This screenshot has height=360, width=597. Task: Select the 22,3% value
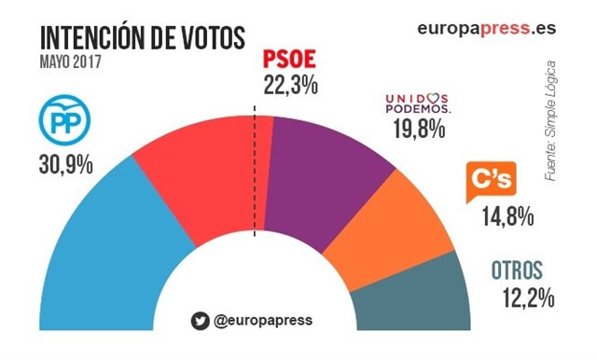(x=286, y=85)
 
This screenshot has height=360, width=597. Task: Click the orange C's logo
(x=491, y=184)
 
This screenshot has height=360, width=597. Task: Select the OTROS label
(x=516, y=272)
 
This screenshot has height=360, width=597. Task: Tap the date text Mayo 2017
(x=71, y=62)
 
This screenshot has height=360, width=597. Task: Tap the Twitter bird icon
(x=200, y=321)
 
